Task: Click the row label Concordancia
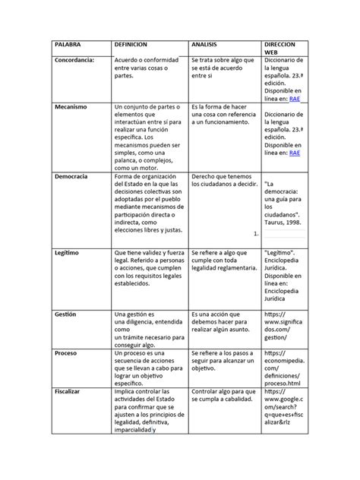77,59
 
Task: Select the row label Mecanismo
71,106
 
